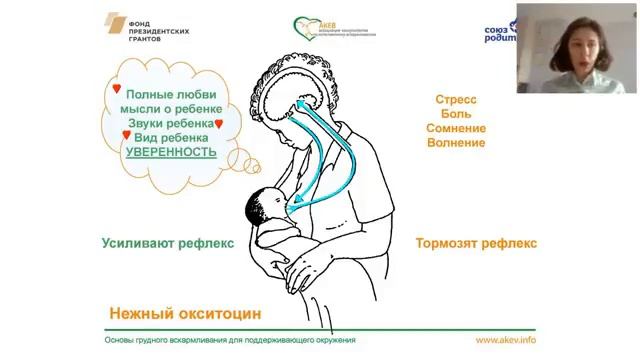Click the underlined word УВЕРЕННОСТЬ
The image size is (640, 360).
[x=171, y=152]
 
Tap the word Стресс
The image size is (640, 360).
[x=456, y=100]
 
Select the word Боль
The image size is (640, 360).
[x=456, y=114]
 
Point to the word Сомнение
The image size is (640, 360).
[x=456, y=128]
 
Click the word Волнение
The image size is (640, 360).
[x=456, y=143]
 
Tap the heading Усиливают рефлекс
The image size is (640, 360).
[x=167, y=243]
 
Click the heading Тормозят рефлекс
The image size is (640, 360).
[x=476, y=243]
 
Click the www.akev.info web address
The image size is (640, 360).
[x=505, y=340]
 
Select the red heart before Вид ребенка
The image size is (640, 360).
[x=126, y=135]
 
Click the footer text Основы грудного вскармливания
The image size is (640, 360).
[x=230, y=340]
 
